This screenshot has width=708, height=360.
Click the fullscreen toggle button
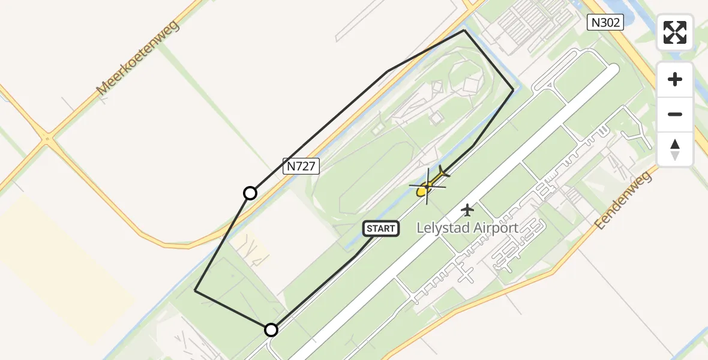pyautogui.click(x=675, y=32)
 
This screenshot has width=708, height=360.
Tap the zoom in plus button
pyautogui.click(x=675, y=79)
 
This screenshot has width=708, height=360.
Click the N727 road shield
pyautogui.click(x=301, y=166)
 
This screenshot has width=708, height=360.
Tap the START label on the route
pyautogui.click(x=381, y=228)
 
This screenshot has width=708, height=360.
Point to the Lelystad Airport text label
pyautogui.click(x=467, y=228)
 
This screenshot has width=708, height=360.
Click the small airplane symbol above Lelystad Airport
pyautogui.click(x=467, y=210)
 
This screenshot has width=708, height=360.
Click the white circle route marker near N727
pyautogui.click(x=250, y=193)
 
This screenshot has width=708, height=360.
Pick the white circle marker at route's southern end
pyautogui.click(x=271, y=330)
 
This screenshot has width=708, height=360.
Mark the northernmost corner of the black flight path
pyautogui.click(x=464, y=30)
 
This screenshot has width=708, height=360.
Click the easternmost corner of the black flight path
pyautogui.click(x=513, y=89)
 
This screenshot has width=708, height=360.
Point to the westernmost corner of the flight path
pyautogui.click(x=195, y=290)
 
